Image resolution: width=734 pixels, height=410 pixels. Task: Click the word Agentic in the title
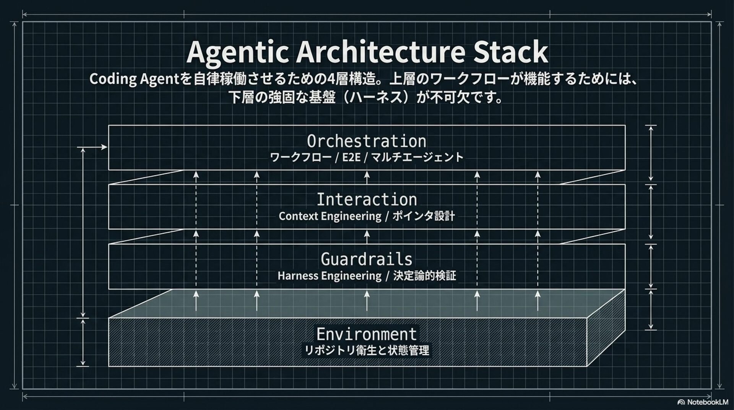237,52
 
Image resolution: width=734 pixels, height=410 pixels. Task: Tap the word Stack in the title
510,52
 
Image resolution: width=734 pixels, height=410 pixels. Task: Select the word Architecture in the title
380,52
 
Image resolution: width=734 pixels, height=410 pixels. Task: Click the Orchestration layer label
366,142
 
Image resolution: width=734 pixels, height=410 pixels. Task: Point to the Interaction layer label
366,200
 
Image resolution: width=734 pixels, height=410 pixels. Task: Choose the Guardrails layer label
366,259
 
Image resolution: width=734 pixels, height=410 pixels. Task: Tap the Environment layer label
366,334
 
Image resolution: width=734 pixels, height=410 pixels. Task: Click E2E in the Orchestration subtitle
351,158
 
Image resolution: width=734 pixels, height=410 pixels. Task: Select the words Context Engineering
330,216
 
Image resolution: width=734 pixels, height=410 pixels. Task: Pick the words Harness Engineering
329,276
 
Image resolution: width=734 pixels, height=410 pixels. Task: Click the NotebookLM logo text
707,402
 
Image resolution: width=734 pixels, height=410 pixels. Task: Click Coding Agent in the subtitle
134,79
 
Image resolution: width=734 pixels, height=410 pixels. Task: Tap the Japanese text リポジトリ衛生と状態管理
366,350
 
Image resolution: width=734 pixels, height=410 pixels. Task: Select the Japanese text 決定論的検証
424,276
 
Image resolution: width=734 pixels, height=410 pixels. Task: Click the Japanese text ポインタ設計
424,216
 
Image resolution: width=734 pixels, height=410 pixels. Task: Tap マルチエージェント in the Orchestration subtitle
417,158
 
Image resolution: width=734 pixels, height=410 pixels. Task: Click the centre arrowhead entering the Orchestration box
367,175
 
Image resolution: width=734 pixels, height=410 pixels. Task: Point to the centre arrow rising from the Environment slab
367,301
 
